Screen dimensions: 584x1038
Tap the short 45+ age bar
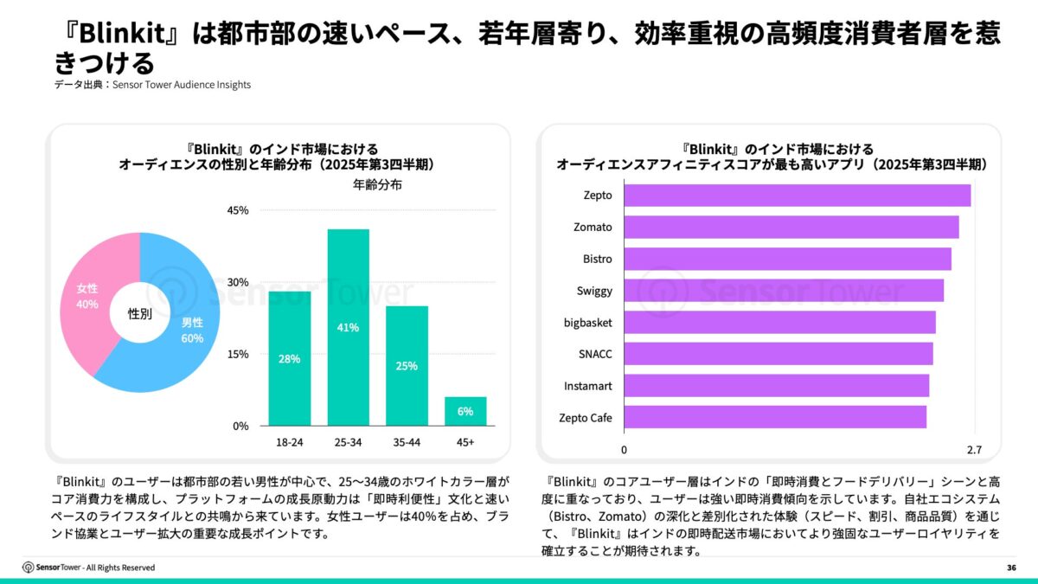465,411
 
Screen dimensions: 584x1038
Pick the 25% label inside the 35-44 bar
407,365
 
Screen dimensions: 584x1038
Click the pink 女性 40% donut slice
95,286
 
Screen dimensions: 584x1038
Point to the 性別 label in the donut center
139,314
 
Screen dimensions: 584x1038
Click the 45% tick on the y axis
237,210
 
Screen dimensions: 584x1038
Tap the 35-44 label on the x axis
407,442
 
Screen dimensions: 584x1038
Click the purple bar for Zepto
796,196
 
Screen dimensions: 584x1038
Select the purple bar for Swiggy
783,291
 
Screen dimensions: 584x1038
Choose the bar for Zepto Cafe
774,418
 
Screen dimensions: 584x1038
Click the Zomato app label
593,228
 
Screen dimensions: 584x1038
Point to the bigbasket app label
587,323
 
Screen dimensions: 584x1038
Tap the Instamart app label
588,386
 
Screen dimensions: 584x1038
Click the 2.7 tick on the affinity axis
974,450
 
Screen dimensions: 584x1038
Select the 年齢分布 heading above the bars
377,184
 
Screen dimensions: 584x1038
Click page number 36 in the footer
1011,568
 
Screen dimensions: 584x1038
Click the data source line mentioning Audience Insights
152,85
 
